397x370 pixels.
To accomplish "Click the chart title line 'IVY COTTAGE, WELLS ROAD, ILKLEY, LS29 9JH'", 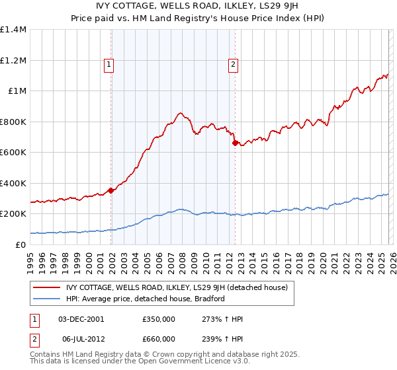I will click(x=198, y=6).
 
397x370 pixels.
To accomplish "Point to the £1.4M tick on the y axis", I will click(x=13, y=30).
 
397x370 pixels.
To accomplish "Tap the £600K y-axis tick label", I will click(x=13, y=153).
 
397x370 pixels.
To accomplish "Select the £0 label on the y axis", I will click(x=20, y=245).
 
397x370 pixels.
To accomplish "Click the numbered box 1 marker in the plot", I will click(x=109, y=64).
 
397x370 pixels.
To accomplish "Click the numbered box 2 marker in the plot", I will click(x=234, y=64).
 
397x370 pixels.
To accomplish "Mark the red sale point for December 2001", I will click(x=111, y=190).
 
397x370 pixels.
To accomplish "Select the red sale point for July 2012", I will click(x=234, y=143).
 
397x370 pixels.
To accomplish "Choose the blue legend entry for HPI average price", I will click(x=146, y=299).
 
